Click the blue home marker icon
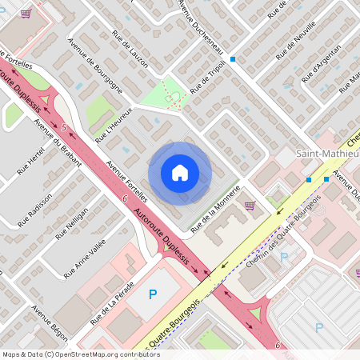tap(180, 173)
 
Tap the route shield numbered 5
tap(62, 128)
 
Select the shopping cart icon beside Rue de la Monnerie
tap(250, 206)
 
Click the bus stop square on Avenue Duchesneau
tap(233, 59)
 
